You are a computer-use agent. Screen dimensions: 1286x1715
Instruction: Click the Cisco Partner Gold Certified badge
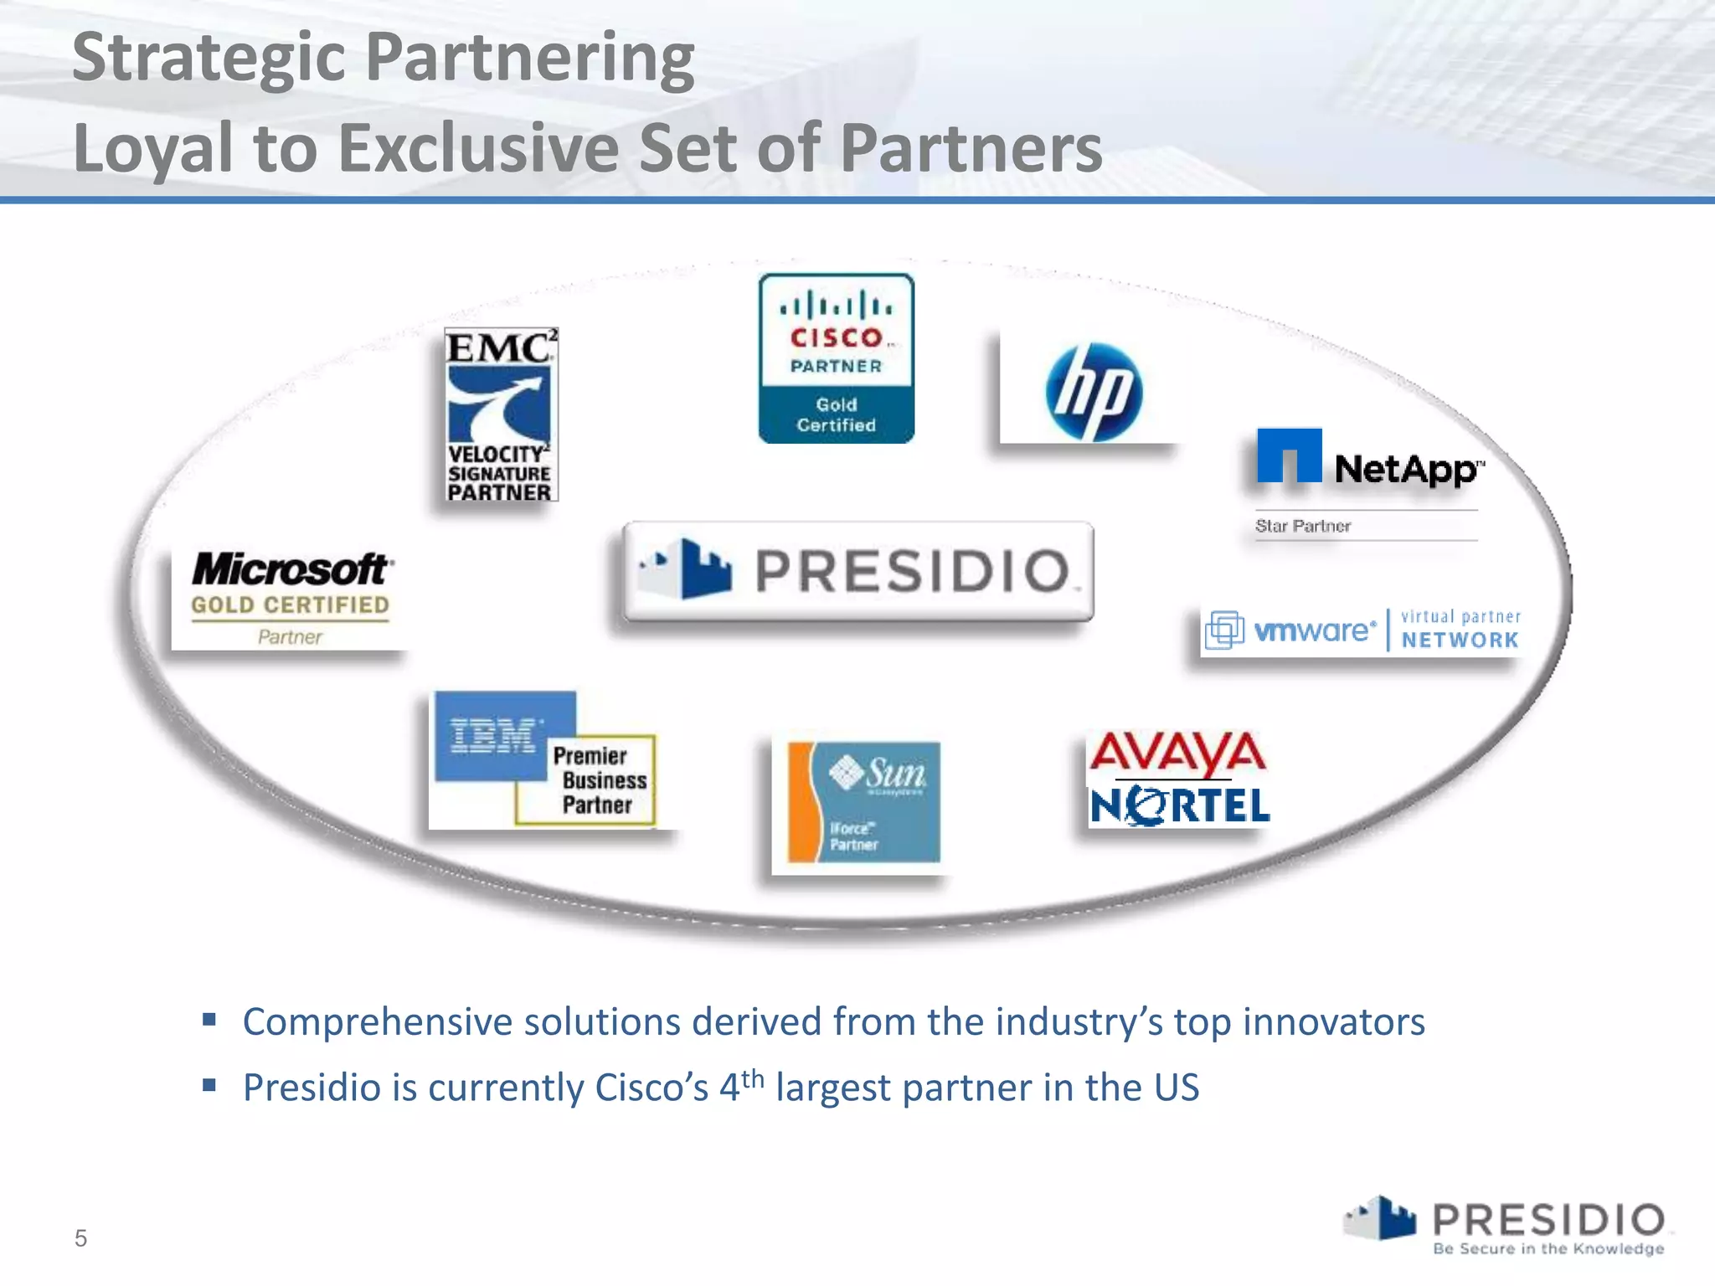836,358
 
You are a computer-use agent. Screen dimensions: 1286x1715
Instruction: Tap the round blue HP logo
1093,391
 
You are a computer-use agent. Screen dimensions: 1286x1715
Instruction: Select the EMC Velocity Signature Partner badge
500,415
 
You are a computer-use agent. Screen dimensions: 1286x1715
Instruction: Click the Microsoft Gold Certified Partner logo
290,596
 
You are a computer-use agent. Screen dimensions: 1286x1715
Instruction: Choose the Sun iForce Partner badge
863,801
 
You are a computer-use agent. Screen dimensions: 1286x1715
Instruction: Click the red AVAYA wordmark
1177,753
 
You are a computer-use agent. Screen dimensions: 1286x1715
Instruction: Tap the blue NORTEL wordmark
1179,806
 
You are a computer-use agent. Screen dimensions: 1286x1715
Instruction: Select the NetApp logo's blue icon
1289,455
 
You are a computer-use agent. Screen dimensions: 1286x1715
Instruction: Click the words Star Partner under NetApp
1302,526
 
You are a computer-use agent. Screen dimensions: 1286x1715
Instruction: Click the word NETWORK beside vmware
1460,640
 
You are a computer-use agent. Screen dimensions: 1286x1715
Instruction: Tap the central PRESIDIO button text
913,571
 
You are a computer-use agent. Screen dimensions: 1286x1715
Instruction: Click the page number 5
80,1238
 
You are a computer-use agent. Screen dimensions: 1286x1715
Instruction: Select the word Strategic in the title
209,59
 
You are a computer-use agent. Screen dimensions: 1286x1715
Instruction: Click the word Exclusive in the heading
478,148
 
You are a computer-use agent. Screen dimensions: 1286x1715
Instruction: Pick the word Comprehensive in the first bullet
378,1022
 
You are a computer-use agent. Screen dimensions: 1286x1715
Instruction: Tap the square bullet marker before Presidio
209,1086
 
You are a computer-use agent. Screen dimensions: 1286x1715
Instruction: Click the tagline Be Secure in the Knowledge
1548,1249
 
